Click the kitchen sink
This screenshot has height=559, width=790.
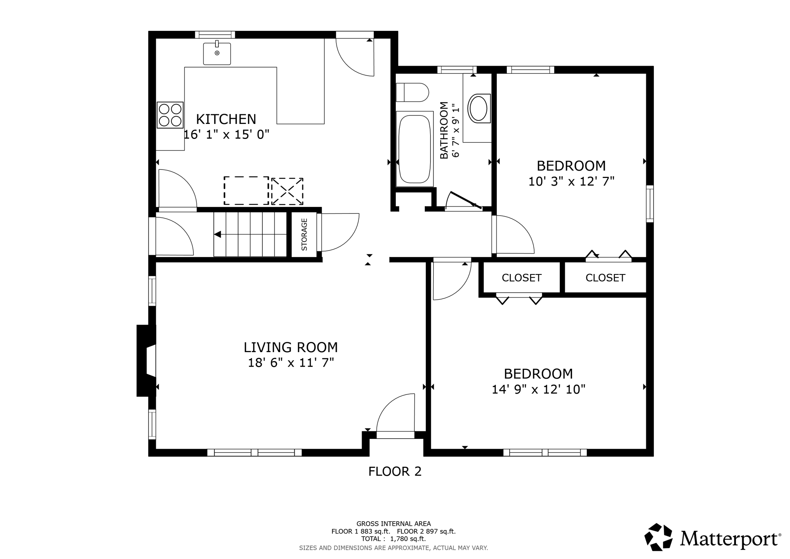(217, 54)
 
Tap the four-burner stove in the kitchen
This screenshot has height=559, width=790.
(170, 115)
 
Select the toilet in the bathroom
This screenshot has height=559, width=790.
(412, 93)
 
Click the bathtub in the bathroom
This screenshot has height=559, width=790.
(414, 149)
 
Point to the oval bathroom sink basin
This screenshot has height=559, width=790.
(478, 108)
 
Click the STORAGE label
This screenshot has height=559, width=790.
(304, 234)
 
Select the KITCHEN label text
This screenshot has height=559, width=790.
(226, 119)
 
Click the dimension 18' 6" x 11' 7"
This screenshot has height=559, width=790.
(290, 363)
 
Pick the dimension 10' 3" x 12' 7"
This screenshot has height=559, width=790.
(571, 181)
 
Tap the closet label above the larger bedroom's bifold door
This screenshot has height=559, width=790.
(521, 278)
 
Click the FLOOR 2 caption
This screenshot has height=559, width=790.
(395, 471)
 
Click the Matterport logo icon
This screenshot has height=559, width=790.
(658, 537)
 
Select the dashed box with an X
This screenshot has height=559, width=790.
(287, 191)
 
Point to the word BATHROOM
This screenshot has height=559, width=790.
(444, 130)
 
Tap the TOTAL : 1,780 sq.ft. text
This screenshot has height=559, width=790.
(393, 539)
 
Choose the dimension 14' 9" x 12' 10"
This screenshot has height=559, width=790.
(538, 390)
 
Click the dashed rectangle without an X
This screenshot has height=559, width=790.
(246, 190)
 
